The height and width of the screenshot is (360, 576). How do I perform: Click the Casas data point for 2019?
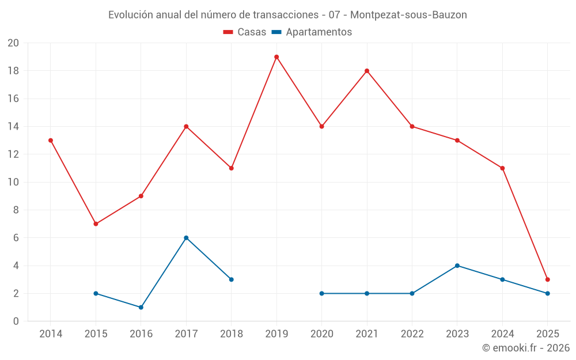(x=276, y=57)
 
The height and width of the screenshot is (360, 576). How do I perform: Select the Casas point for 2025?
(x=547, y=279)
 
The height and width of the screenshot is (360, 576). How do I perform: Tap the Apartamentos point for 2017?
(x=186, y=238)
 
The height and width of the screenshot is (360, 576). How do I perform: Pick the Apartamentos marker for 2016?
(x=141, y=307)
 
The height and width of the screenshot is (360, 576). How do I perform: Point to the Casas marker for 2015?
(x=96, y=224)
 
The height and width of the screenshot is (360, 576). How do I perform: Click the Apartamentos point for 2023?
(x=457, y=266)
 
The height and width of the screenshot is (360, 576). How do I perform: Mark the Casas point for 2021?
(x=367, y=71)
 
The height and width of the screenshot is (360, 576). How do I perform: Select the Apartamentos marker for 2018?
(x=231, y=279)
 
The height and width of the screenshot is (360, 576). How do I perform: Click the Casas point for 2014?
(x=51, y=141)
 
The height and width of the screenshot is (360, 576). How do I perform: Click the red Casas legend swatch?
(x=228, y=32)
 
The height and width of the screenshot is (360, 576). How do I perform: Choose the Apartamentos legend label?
(x=319, y=32)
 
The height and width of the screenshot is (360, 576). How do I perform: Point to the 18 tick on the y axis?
(x=13, y=71)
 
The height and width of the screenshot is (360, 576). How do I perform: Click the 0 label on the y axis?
(x=16, y=321)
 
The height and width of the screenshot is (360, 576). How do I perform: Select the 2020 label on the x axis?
(x=321, y=334)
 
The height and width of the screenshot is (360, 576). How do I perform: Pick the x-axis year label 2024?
(x=502, y=334)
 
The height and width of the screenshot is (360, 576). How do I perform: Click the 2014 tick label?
(x=51, y=334)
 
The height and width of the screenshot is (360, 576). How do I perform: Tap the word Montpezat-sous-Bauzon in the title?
(x=408, y=14)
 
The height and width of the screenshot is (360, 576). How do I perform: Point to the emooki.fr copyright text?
(x=526, y=348)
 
